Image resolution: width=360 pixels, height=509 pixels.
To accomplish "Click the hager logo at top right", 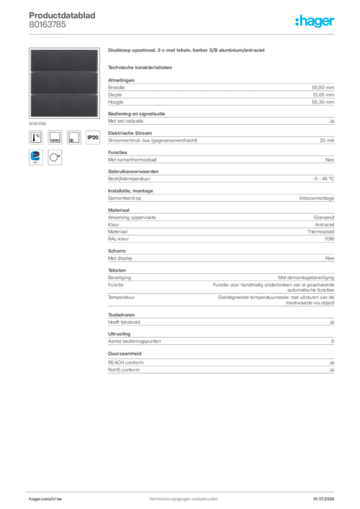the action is (x=315, y=21).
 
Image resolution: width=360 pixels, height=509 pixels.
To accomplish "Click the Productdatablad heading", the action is (x=62, y=15).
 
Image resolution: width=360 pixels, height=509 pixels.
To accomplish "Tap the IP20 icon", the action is (x=93, y=137).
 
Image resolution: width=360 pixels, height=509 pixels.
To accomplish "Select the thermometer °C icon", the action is (x=36, y=137).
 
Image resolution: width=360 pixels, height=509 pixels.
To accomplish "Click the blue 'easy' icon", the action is (x=36, y=158).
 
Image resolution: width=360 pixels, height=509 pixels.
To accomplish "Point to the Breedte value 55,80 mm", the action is (x=323, y=87).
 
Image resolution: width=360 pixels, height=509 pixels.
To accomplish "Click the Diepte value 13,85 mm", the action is (x=323, y=95).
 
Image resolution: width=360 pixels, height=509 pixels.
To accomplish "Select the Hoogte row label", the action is (x=115, y=102).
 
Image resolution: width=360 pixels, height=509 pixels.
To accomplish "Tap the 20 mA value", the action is (x=327, y=140).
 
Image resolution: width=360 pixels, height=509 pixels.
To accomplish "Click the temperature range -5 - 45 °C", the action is (x=323, y=179).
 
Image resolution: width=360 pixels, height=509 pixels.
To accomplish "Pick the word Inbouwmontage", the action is (x=317, y=198).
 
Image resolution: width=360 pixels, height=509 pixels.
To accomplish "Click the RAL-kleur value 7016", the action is (x=329, y=239).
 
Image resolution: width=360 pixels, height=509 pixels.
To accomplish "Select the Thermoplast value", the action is (x=321, y=232).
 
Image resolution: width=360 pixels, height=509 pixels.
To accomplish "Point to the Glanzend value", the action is (x=324, y=218).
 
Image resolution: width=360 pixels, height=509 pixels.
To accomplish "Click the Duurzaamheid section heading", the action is (x=125, y=353).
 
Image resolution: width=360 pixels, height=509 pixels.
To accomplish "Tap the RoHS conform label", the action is (x=124, y=370).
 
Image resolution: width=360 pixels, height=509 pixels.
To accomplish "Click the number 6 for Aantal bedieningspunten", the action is (x=333, y=341).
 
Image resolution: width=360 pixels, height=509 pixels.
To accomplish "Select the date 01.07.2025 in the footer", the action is (x=324, y=499).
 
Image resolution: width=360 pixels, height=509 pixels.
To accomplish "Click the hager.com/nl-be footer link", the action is (x=45, y=499).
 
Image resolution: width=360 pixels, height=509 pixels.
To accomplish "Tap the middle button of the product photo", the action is (x=64, y=83).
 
